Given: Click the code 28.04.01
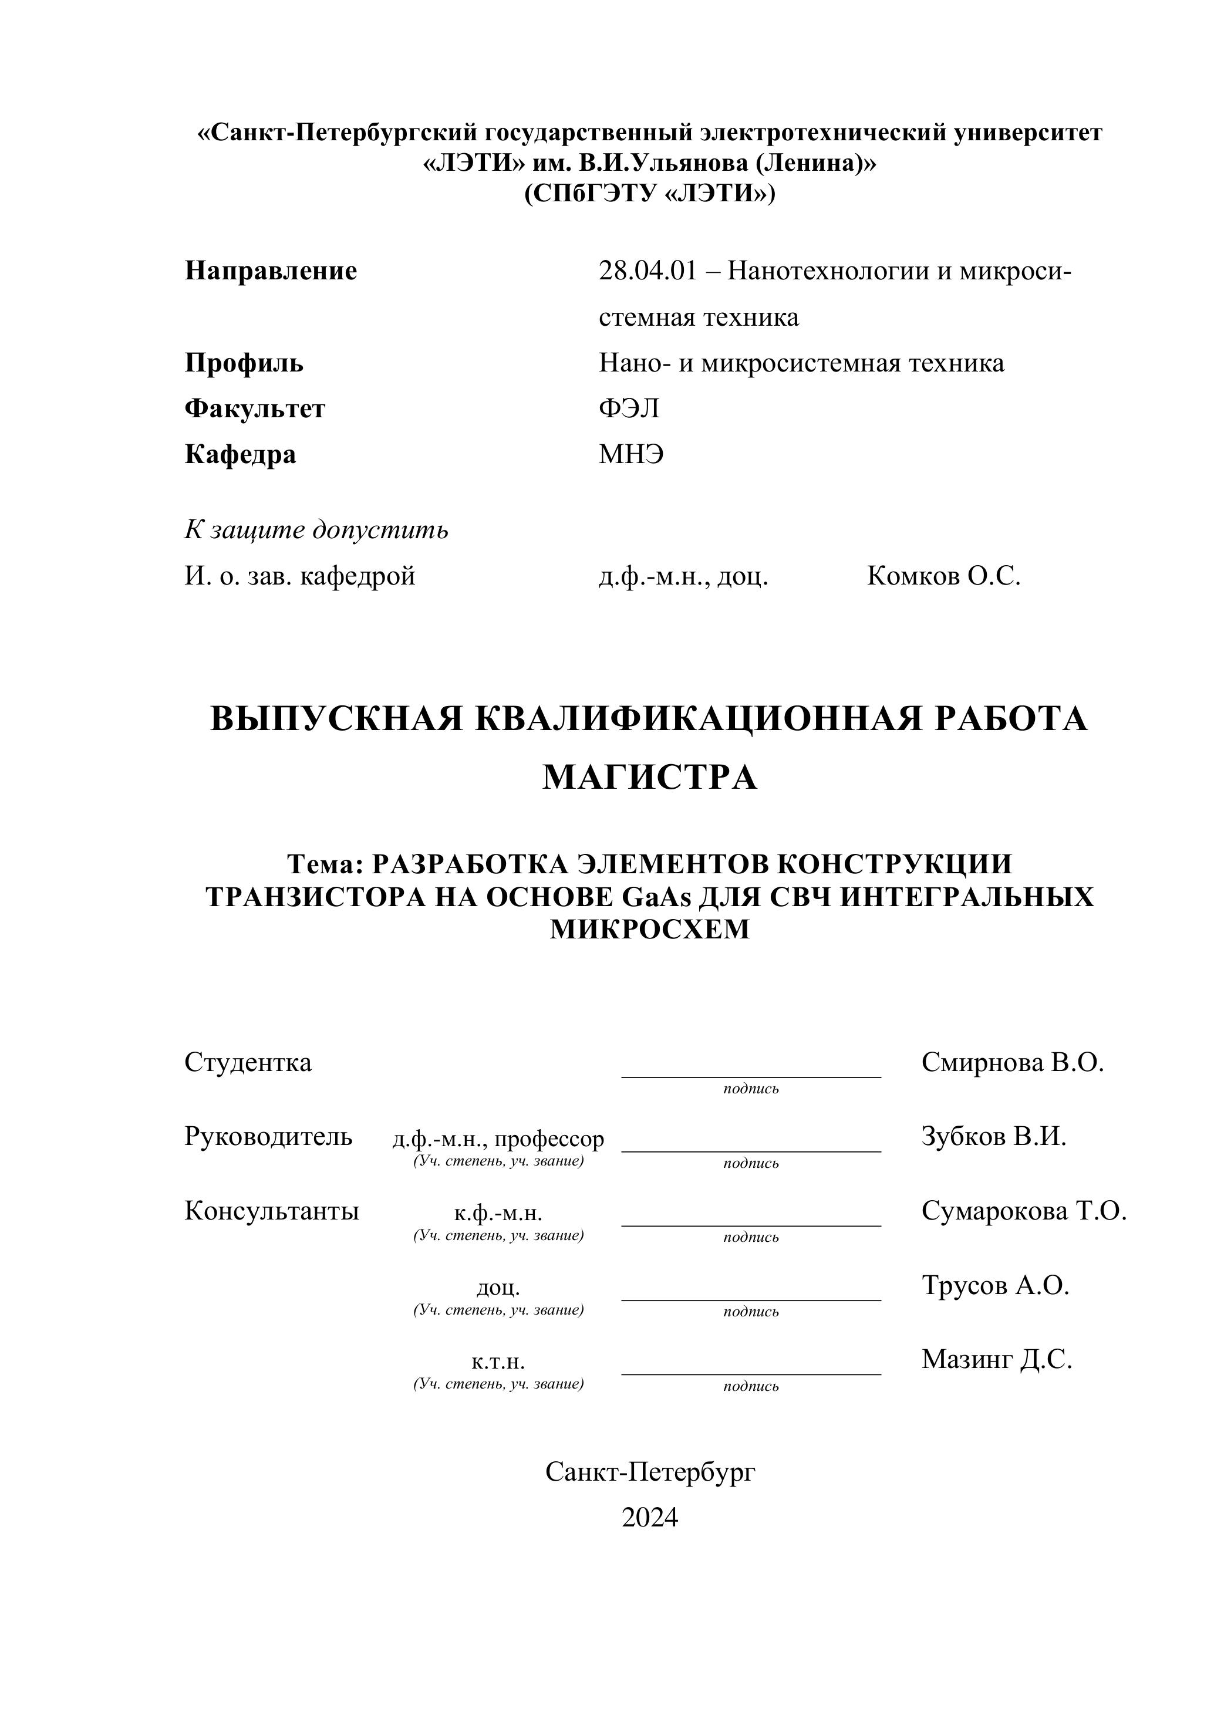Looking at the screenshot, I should click(x=648, y=271).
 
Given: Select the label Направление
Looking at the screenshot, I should click(x=271, y=271).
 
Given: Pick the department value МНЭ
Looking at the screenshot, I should click(x=631, y=454).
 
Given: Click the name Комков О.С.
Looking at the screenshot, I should click(x=943, y=576).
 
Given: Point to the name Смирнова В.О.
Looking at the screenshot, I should click(x=1012, y=1062).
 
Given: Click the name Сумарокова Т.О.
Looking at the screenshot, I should click(x=1023, y=1211).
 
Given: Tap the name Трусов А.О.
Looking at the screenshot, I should click(x=995, y=1285).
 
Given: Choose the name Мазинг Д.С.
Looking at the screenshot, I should click(x=996, y=1359).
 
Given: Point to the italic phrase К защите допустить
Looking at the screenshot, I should click(x=316, y=530).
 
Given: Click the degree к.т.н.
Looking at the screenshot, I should click(x=498, y=1361).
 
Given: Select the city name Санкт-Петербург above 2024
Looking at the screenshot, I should click(x=650, y=1472).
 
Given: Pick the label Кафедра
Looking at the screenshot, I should click(x=240, y=454).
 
